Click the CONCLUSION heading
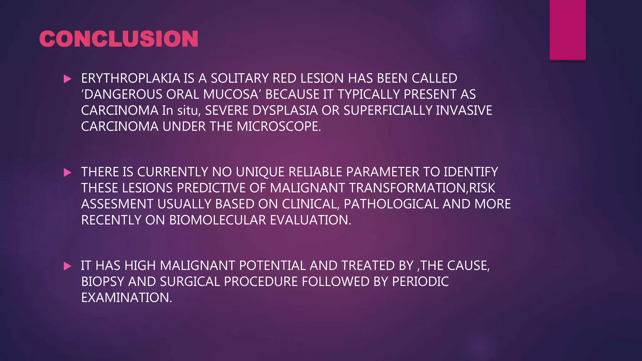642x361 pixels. (x=118, y=39)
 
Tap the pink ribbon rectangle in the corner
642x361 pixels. (x=567, y=30)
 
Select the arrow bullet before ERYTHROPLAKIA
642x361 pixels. (x=67, y=79)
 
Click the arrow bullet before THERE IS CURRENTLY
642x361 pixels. (x=67, y=173)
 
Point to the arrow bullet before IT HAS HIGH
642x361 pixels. (x=67, y=266)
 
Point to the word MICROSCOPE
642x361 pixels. (x=278, y=127)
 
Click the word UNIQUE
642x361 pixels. (x=260, y=172)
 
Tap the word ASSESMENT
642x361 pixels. (x=117, y=204)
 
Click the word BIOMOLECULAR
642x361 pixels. (x=218, y=220)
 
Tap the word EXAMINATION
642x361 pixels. (x=126, y=298)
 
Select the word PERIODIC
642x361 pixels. (x=420, y=282)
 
